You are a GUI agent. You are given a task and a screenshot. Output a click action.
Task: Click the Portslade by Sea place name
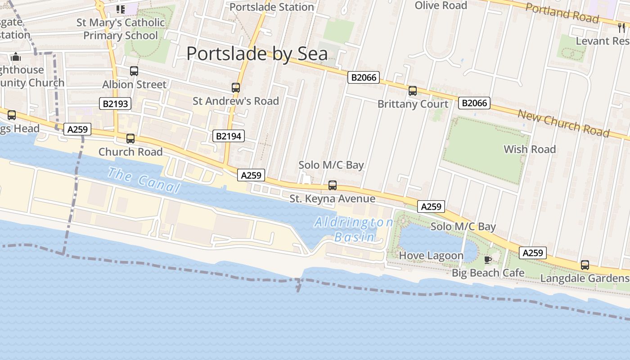click(x=257, y=54)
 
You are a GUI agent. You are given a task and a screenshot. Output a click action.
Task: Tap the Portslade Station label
click(x=271, y=7)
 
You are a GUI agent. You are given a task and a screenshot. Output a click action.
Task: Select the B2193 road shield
click(x=115, y=104)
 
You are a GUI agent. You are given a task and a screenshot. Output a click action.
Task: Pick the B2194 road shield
click(x=228, y=136)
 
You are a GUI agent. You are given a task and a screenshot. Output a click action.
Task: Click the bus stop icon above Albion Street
click(x=134, y=71)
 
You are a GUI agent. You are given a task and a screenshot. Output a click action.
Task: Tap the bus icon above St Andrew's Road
click(x=236, y=88)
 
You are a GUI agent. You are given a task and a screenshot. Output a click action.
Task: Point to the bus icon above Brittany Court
click(x=413, y=91)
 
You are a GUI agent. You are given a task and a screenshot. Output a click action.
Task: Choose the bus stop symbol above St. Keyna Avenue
click(x=333, y=185)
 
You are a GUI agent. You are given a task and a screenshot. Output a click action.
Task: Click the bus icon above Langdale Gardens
click(x=585, y=265)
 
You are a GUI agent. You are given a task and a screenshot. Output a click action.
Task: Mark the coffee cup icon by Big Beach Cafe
click(x=487, y=260)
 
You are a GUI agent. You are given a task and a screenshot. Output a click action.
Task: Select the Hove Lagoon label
click(x=431, y=256)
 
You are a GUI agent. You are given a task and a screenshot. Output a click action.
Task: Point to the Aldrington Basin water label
click(x=355, y=229)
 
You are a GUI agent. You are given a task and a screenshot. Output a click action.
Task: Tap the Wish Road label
click(x=530, y=149)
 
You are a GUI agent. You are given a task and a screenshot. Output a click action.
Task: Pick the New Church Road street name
click(x=563, y=123)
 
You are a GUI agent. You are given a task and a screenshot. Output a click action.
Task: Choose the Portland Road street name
click(x=562, y=13)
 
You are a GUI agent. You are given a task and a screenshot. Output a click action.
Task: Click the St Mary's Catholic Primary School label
click(x=121, y=29)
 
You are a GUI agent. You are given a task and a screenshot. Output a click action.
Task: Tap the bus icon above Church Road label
click(x=130, y=139)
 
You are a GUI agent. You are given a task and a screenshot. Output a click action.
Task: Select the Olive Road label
click(x=441, y=5)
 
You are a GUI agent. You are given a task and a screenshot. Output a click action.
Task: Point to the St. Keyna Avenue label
click(x=332, y=198)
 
